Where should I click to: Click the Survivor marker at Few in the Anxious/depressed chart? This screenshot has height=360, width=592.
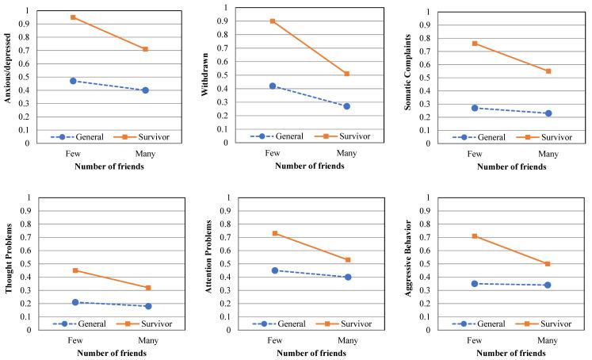pos(73,17)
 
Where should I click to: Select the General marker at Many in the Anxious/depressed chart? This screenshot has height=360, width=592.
pos(145,90)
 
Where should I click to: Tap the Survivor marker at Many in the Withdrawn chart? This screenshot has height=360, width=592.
pos(346,74)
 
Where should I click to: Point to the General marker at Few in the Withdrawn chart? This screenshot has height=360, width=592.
pos(273,86)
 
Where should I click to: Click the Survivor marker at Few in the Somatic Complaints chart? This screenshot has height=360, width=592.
pos(475,44)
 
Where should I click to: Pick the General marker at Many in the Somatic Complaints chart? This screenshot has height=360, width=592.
pos(548,113)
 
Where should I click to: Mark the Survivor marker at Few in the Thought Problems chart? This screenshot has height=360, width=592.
pos(75,270)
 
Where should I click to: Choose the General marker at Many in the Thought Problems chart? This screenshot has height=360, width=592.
pos(148,306)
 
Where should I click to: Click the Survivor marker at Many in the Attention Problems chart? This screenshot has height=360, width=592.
pos(348,260)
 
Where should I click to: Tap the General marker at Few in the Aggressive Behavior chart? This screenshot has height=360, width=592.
pos(475,283)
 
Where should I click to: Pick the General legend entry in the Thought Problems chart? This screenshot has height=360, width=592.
pos(73,324)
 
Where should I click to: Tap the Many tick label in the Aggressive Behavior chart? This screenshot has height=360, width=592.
pos(548,339)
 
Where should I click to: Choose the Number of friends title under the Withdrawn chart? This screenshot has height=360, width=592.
pos(310,166)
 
